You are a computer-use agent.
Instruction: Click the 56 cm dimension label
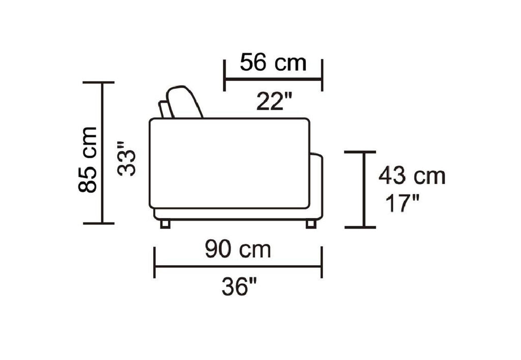coord(273,63)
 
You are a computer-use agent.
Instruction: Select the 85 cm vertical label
coord(88,159)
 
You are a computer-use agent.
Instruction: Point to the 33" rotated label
coord(127,159)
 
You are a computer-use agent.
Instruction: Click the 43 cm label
coord(412,176)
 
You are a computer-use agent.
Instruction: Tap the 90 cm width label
coord(238,250)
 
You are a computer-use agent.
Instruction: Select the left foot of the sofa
coord(165,224)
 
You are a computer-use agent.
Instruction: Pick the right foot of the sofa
coord(311,224)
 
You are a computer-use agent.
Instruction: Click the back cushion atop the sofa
coord(184,102)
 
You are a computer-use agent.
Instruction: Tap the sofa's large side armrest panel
coord(229,163)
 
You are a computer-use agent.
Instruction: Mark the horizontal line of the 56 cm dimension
coord(273,79)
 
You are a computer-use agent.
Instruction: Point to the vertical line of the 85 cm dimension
coord(102,153)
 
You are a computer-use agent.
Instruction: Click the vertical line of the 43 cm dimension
coord(364,189)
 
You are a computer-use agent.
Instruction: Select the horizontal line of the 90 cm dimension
coord(238,266)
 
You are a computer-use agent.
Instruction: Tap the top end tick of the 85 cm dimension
coord(99,82)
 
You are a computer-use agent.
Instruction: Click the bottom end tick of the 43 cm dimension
coord(360,227)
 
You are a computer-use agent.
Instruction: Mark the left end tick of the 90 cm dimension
coord(155,263)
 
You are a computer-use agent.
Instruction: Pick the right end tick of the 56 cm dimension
coord(322,75)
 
